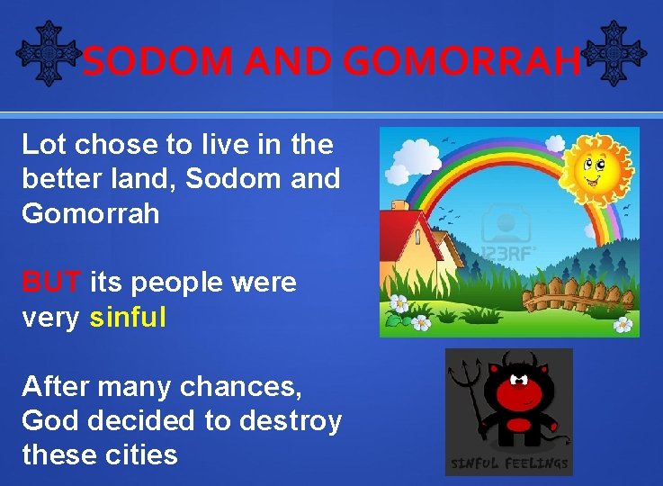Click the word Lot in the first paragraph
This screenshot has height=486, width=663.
coord(40,144)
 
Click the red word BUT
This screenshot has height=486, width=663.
coord(52,283)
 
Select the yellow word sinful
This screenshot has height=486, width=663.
coord(128,318)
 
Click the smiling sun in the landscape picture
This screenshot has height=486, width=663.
coord(597,167)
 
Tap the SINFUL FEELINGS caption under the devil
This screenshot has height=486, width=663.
coord(509,463)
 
